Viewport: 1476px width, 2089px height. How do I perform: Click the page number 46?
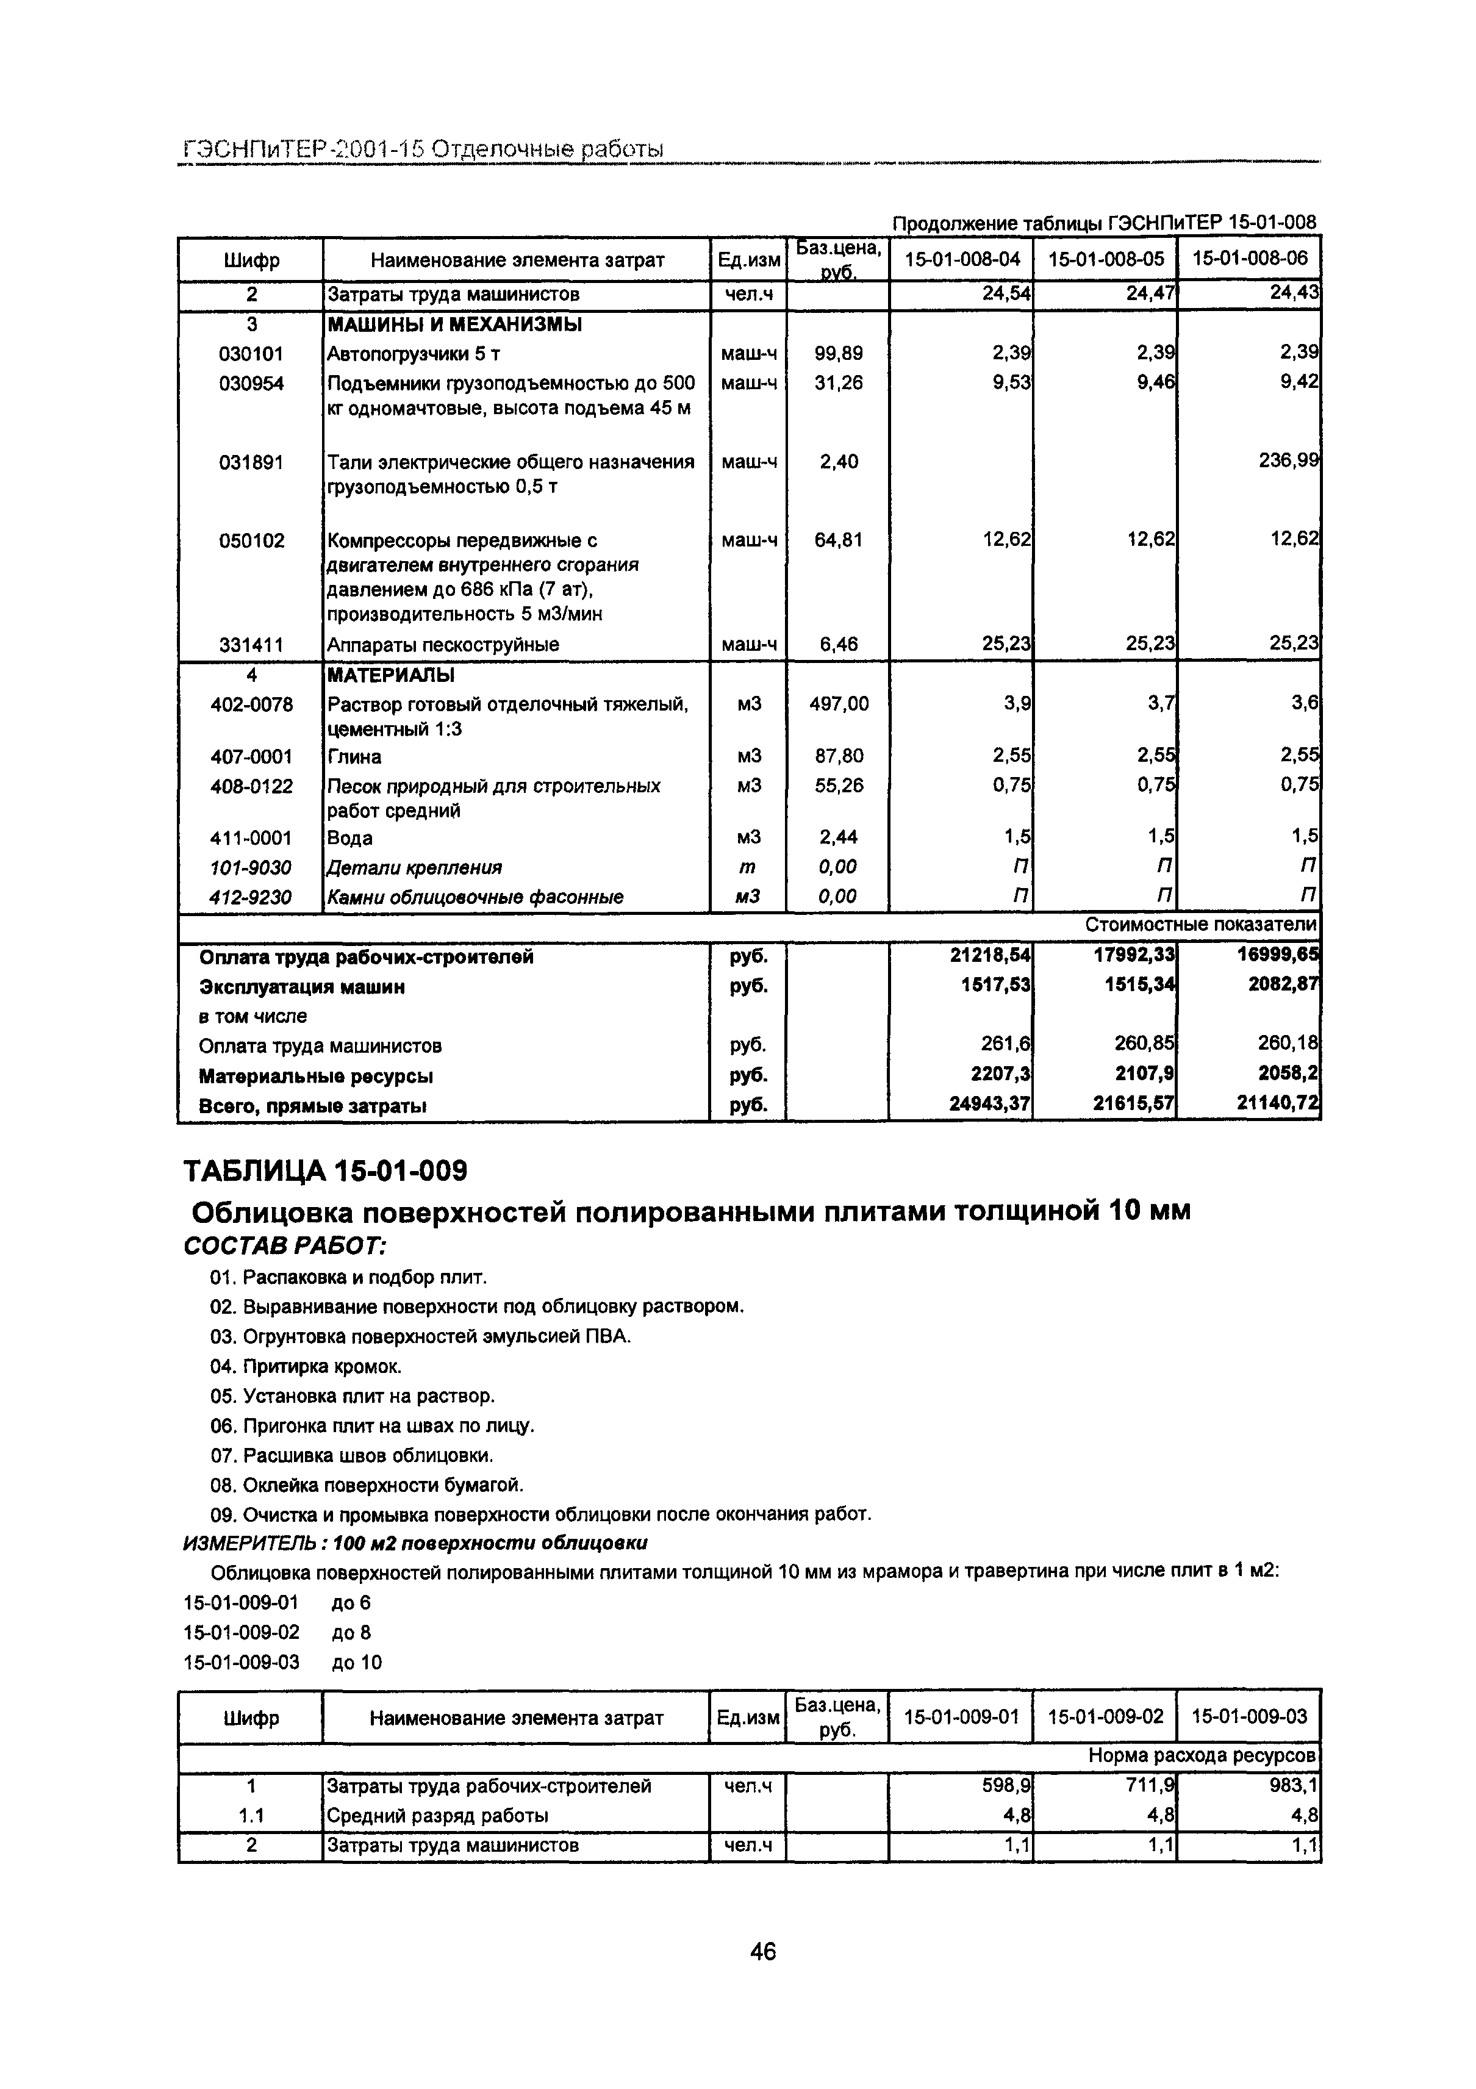pos(762,1951)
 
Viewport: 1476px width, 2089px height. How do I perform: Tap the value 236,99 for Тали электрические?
pos(1288,461)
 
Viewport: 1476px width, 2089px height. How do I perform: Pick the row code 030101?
pos(251,354)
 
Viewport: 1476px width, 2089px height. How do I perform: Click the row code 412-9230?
pos(251,897)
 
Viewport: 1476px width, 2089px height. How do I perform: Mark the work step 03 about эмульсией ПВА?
pos(420,1336)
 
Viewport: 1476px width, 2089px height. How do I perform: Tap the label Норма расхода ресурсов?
pos(1201,1756)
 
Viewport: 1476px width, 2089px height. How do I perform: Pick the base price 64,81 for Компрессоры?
pos(838,540)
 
